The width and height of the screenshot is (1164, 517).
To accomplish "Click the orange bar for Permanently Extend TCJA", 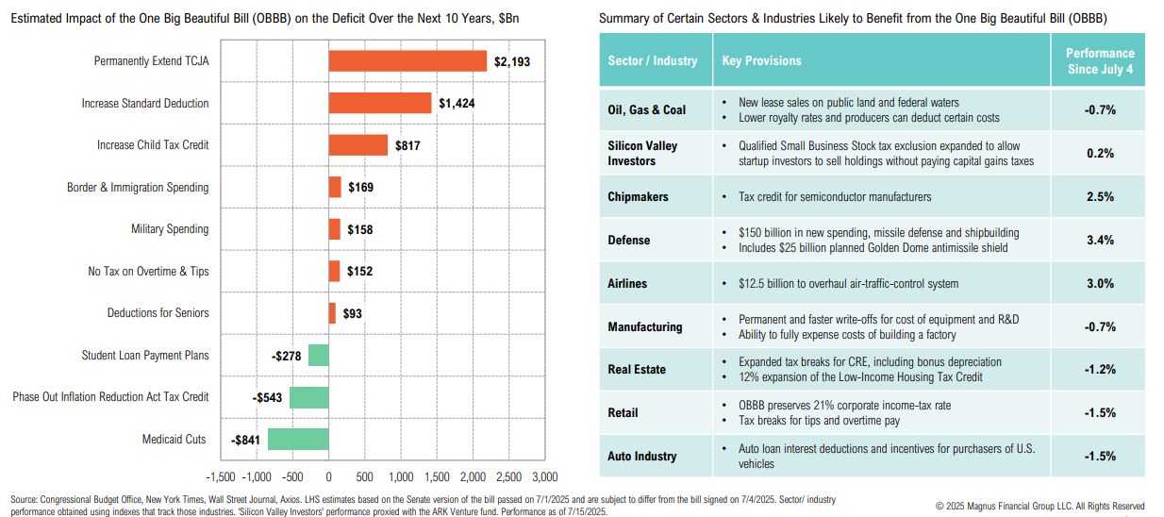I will tap(407, 61).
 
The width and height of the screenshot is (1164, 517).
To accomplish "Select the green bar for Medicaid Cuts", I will tap(298, 439).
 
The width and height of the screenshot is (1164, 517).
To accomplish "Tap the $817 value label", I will tap(408, 145).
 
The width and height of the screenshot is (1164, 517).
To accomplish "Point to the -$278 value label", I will tap(287, 356).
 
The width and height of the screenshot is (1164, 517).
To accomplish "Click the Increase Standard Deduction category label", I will tap(145, 104).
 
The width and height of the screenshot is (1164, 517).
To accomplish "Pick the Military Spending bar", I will tap(334, 229).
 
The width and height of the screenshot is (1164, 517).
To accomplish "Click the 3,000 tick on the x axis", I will tap(544, 476).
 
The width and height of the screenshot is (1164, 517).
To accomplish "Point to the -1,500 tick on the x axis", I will tap(220, 476).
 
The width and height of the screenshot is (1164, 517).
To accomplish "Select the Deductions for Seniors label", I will tap(158, 313).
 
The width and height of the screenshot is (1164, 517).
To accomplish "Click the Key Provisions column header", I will tap(761, 61).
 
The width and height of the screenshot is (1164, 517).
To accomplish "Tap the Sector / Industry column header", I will tap(653, 61).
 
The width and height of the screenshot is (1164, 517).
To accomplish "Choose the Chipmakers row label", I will tap(638, 197).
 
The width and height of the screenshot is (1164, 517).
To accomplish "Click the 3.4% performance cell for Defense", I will tap(1100, 241).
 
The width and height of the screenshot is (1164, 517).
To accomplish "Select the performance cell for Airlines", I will tap(1100, 284).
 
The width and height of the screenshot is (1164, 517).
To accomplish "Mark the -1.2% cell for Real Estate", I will tap(1100, 370).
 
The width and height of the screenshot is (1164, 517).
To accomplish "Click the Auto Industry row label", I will tap(642, 457).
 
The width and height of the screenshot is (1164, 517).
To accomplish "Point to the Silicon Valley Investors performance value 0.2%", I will tap(1100, 154).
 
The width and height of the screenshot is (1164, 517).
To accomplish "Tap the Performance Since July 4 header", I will tap(1100, 61).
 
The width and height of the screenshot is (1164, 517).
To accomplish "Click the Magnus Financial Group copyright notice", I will tap(1039, 506).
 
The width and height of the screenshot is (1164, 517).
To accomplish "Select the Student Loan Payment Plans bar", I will tap(319, 356).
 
